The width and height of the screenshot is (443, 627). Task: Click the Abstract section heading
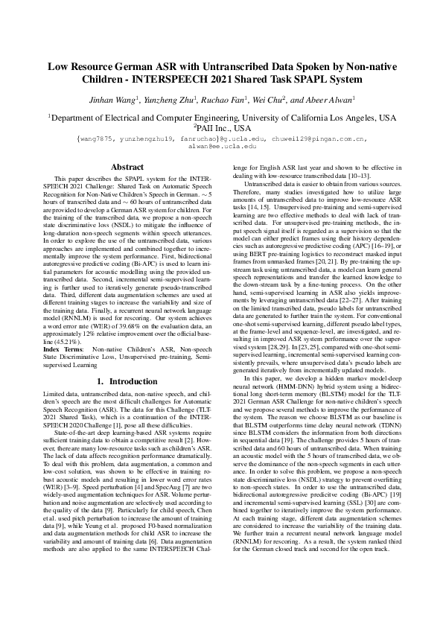(127, 168)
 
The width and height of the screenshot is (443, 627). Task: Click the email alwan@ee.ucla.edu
(222, 147)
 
